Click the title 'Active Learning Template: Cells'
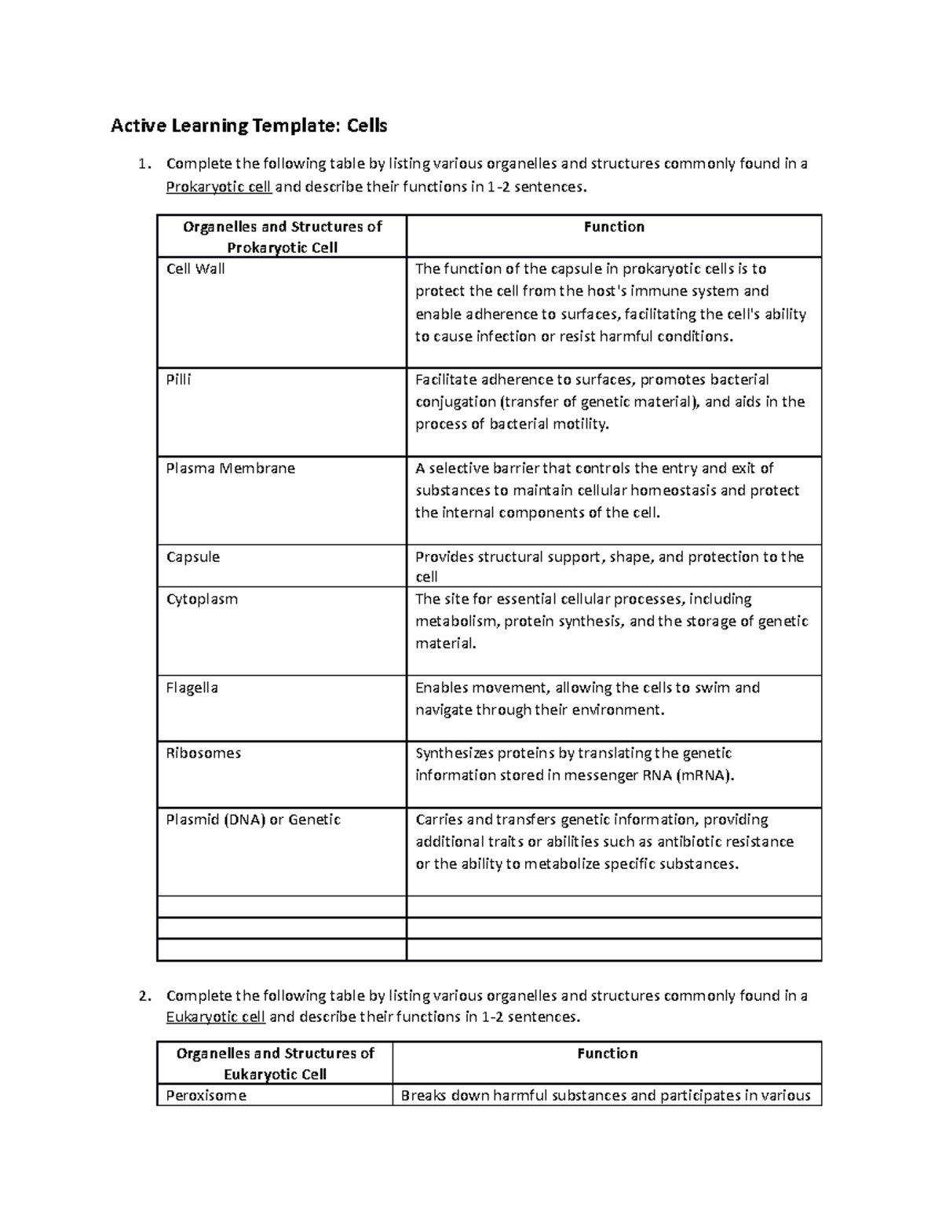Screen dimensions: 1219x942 [249, 126]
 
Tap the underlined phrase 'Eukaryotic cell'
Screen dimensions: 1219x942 [216, 1016]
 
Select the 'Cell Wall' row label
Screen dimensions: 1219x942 [195, 269]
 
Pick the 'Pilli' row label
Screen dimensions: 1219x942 [179, 380]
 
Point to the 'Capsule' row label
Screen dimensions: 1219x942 [193, 557]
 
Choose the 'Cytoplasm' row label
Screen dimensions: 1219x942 [202, 599]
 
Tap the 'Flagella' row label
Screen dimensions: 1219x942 [192, 688]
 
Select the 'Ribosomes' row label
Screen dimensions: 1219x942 [203, 753]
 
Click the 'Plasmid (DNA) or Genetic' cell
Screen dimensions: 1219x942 [254, 819]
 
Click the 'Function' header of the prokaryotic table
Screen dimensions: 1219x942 [614, 227]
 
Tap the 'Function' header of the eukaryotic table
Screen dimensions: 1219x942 [607, 1053]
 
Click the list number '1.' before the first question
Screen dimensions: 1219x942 [142, 165]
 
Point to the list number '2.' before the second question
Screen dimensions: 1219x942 [142, 996]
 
